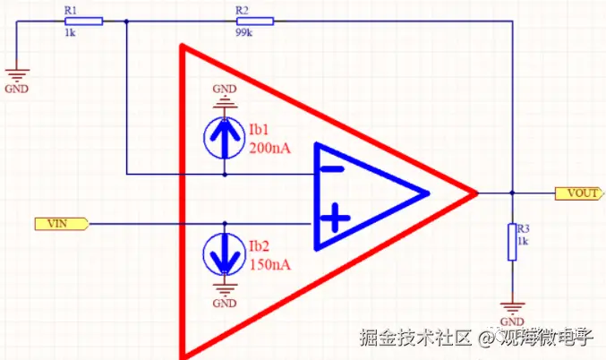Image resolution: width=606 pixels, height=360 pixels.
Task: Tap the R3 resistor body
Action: coord(512,242)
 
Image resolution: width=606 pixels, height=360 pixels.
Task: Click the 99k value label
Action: coord(243,33)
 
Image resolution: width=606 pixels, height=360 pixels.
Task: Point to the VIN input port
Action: coord(60,222)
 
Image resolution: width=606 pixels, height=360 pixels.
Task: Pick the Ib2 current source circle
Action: coord(224,252)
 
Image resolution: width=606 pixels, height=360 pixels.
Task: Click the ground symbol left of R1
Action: coord(17,77)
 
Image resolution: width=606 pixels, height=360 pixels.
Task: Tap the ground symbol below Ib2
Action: coord(224,291)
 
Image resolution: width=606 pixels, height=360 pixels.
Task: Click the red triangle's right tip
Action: coord(474,192)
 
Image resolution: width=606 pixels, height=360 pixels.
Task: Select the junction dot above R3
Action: coord(512,192)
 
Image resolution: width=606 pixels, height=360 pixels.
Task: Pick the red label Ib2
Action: coord(259,246)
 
